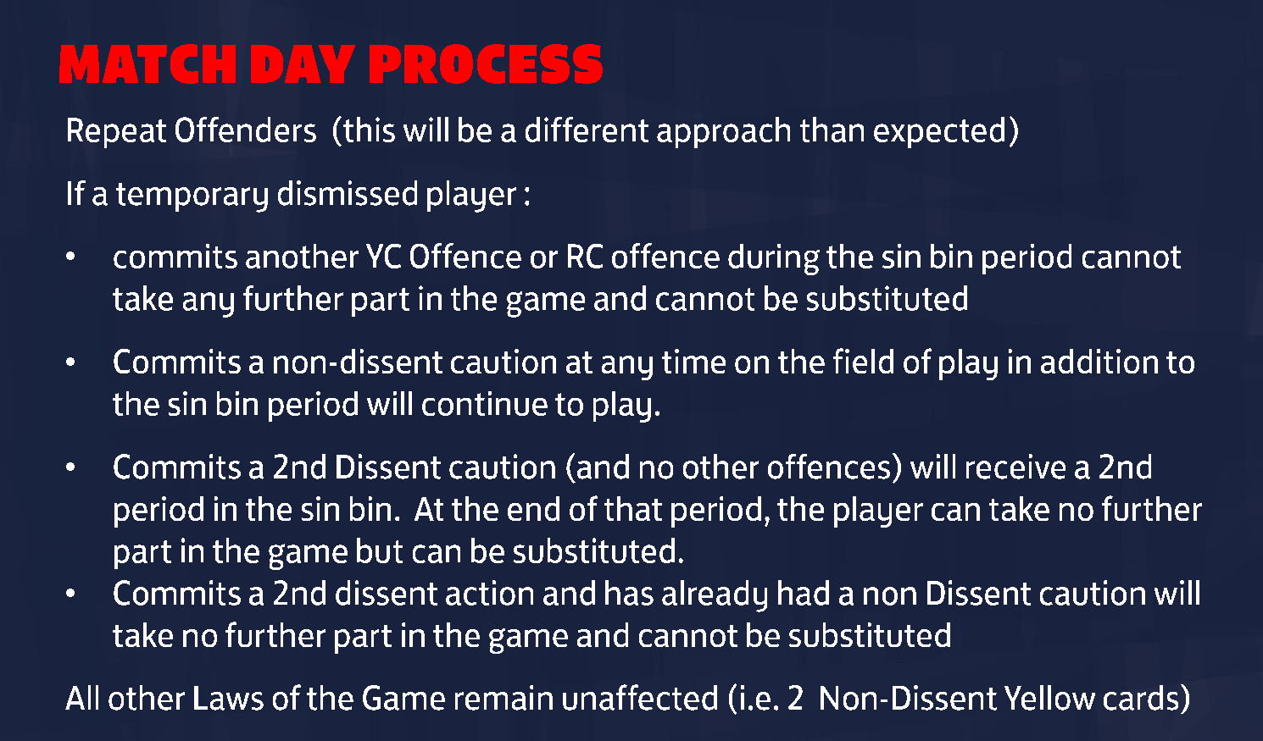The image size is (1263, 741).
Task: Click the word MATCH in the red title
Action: click(x=147, y=64)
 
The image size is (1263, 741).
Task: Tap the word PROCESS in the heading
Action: click(x=486, y=64)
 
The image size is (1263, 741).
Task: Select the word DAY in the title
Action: click(x=303, y=64)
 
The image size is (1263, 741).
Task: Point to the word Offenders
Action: click(x=245, y=130)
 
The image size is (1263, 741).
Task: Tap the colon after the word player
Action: click(x=526, y=196)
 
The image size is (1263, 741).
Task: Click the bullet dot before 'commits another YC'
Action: click(x=70, y=257)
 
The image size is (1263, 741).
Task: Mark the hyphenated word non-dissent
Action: click(x=358, y=362)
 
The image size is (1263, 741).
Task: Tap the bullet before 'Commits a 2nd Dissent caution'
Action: click(x=70, y=467)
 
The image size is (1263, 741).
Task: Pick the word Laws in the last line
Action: click(x=228, y=700)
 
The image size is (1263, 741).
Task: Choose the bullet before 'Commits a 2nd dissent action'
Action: click(x=70, y=594)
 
